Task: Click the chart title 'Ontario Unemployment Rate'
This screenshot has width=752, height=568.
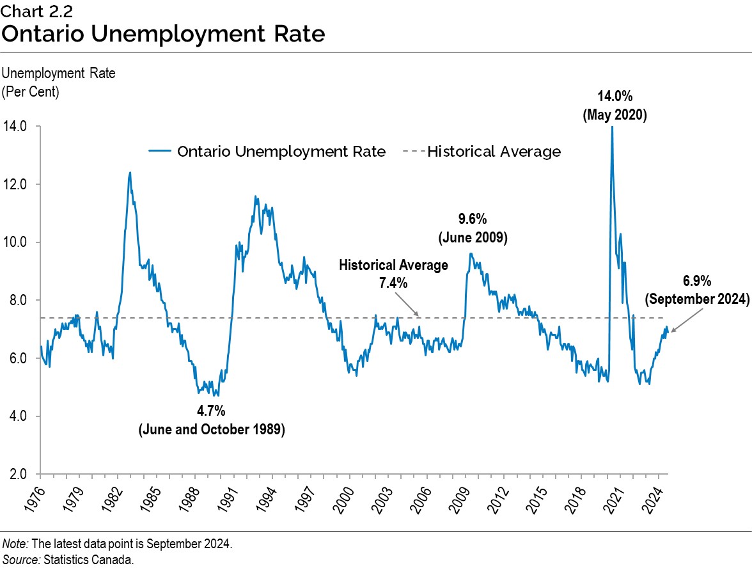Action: pos(162,33)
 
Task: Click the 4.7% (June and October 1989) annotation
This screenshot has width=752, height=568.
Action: pos(212,420)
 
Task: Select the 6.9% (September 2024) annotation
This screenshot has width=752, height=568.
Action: pos(697,290)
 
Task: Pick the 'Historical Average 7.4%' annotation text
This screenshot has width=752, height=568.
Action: pos(393,274)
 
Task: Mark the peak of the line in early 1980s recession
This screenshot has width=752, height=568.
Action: pos(130,172)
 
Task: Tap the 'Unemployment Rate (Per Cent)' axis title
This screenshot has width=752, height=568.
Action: pos(59,82)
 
